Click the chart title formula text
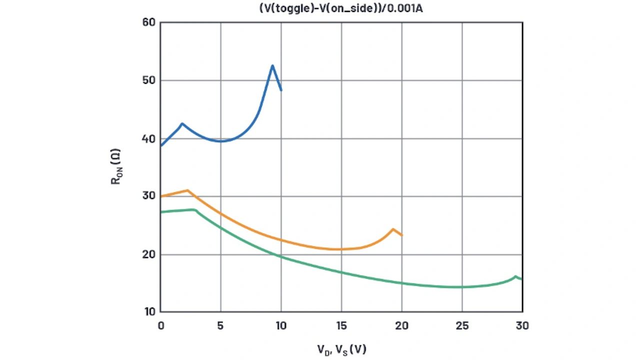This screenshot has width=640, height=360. click(x=341, y=8)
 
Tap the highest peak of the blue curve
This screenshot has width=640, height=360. click(x=272, y=65)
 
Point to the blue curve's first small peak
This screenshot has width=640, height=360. click(x=182, y=123)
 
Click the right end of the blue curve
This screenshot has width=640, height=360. click(x=281, y=90)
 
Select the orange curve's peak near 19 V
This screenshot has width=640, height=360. click(x=393, y=229)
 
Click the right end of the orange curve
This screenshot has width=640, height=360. click(x=401, y=235)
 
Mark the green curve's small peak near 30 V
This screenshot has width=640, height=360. click(x=515, y=276)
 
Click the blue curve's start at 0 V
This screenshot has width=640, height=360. click(x=161, y=145)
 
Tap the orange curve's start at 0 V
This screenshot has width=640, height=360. click(x=161, y=196)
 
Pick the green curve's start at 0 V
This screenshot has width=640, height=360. click(x=161, y=212)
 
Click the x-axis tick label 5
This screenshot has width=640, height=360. click(x=221, y=325)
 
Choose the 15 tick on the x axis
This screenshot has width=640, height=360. click(x=341, y=325)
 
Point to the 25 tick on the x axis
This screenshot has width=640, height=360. click(x=462, y=325)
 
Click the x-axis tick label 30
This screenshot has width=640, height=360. click(x=522, y=325)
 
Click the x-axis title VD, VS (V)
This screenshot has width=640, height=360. click(x=341, y=349)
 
